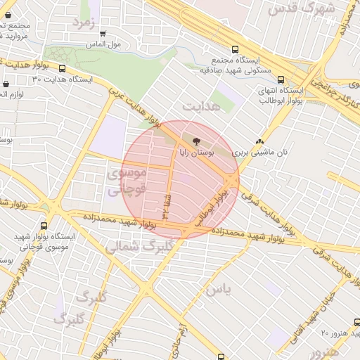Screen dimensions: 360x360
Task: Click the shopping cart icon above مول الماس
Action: (x=103, y=33)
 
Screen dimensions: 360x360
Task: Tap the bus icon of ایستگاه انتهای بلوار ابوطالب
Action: (x=282, y=79)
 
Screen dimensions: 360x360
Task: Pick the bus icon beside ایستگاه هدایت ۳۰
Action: (x=63, y=69)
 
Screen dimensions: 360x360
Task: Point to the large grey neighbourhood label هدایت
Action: (x=202, y=105)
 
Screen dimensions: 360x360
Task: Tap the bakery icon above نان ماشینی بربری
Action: (x=260, y=141)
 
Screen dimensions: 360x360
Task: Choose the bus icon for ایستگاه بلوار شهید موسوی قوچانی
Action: (x=44, y=226)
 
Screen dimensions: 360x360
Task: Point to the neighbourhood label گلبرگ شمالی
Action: (x=139, y=247)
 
